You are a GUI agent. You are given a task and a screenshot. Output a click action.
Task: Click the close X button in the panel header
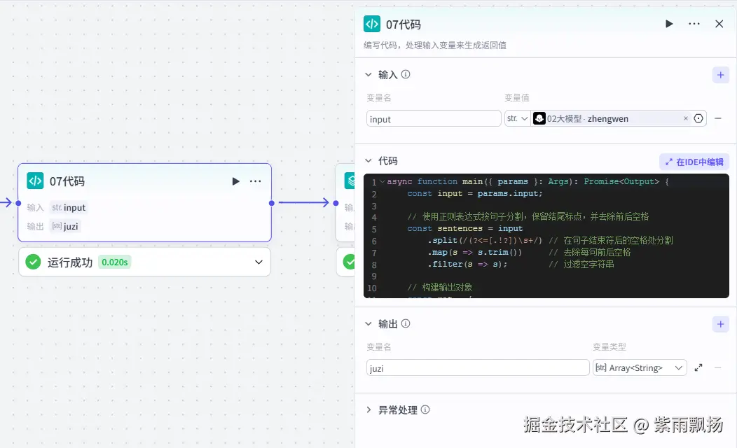719,24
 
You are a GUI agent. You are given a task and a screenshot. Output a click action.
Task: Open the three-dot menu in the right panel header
694,24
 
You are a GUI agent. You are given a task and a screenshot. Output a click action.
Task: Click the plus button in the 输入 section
721,75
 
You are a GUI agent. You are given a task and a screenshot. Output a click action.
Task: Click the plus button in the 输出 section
721,324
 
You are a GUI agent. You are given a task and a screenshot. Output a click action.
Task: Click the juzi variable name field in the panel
478,367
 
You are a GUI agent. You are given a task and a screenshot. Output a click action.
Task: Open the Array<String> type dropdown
640,367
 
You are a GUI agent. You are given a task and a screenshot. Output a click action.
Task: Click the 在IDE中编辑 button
694,162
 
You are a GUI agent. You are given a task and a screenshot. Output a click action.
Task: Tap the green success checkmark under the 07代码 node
33,262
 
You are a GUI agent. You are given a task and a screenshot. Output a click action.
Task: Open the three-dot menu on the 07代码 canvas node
256,181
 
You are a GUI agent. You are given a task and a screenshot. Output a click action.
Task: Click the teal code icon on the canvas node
35,181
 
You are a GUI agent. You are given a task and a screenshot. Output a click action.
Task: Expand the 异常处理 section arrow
369,409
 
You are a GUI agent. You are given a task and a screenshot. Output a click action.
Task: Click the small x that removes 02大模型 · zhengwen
686,119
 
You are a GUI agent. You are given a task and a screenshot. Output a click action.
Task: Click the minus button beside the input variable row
718,119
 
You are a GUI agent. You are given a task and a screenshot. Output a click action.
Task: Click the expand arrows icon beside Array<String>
698,367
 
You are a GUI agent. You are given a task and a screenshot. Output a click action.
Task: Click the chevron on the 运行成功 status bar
259,262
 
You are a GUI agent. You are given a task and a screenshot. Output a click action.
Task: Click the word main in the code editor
472,181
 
